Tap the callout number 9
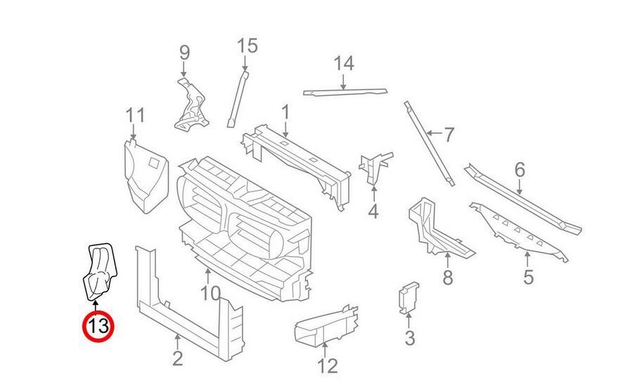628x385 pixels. (x=184, y=52)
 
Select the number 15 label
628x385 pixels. (x=248, y=46)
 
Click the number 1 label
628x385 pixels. (x=286, y=112)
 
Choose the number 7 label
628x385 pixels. (x=449, y=133)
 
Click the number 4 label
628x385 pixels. (x=373, y=210)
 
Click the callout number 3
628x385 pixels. (x=410, y=339)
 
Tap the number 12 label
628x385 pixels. (x=328, y=365)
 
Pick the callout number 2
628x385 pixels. (x=177, y=358)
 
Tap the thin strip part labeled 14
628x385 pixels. (x=345, y=91)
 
